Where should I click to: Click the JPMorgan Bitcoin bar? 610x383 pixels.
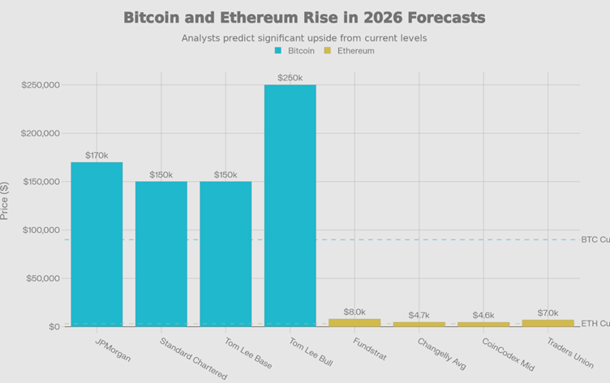[x=97, y=243]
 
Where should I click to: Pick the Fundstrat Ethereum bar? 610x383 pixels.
[x=354, y=322]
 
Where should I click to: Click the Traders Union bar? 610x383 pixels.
[x=548, y=323]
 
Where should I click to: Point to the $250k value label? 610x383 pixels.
[x=290, y=78]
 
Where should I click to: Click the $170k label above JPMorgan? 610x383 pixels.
[x=97, y=155]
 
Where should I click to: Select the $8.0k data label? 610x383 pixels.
[x=354, y=312]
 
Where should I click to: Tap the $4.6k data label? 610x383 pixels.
[x=483, y=315]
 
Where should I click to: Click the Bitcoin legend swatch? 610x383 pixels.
[x=279, y=50]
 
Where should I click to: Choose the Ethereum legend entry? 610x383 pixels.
[x=350, y=50]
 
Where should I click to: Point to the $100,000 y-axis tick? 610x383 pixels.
[x=41, y=230]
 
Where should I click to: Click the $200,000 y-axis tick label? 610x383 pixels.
[x=41, y=133]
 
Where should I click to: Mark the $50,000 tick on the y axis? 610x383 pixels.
[x=43, y=278]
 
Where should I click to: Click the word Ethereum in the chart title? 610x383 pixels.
[x=283, y=17]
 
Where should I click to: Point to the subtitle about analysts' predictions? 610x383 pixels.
[x=303, y=37]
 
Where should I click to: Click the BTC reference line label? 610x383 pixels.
[x=595, y=239]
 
